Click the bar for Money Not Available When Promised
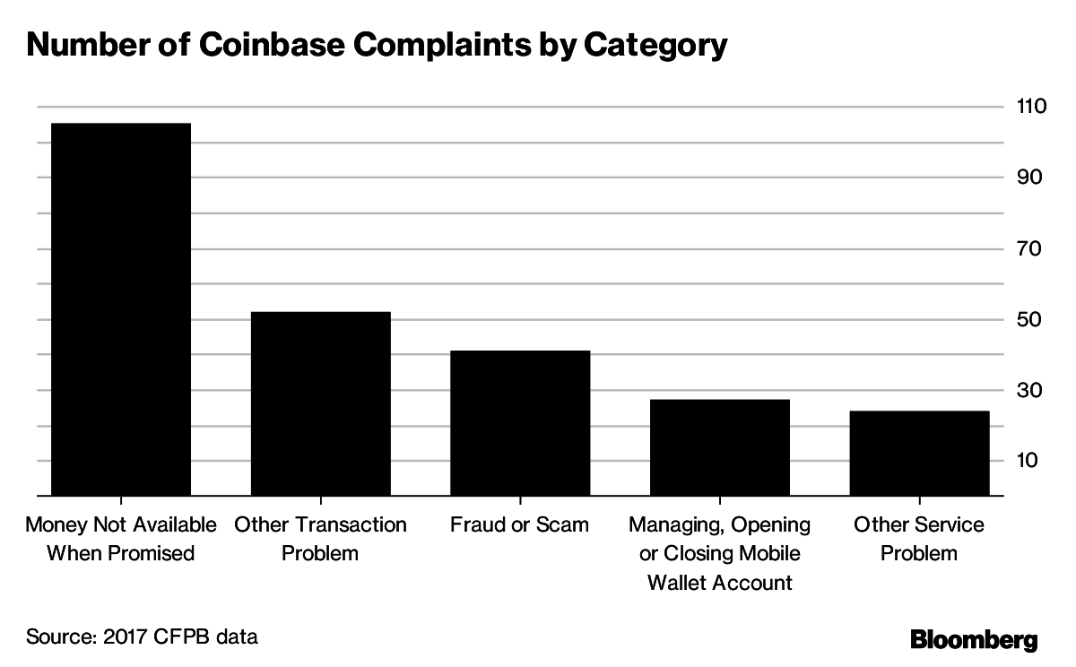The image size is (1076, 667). click(120, 309)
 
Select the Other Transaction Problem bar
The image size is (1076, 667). click(320, 403)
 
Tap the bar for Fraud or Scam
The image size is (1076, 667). click(520, 423)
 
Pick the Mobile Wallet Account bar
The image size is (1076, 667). click(720, 447)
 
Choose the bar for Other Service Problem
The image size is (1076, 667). click(919, 453)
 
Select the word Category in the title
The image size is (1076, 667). click(655, 46)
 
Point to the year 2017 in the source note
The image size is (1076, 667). click(120, 637)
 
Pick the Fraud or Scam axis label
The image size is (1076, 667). click(520, 524)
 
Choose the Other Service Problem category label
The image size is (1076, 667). click(919, 538)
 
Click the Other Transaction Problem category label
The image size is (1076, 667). click(320, 538)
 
